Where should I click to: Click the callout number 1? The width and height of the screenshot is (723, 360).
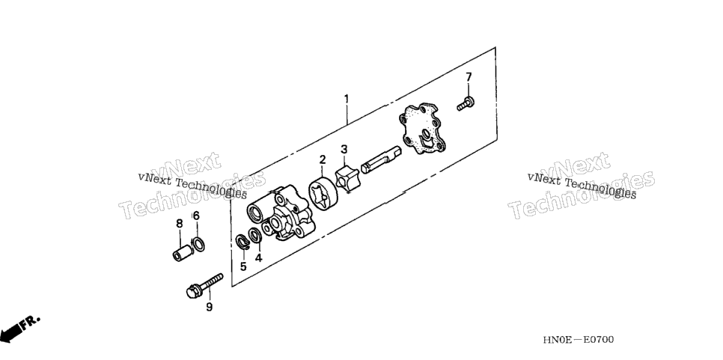point(346,99)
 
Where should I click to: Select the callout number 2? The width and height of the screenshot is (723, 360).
point(323,159)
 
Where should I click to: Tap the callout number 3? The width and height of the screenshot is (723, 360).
point(344,150)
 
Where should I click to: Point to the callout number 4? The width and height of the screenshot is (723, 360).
point(259,257)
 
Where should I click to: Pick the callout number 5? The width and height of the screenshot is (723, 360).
point(243,266)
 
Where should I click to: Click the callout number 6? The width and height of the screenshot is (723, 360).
point(196,216)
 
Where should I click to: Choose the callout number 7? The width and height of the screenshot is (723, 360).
point(469,76)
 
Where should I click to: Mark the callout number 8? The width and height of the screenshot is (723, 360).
point(180,224)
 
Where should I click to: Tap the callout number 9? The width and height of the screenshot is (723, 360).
point(209,307)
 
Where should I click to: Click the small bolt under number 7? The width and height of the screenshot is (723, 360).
point(466,104)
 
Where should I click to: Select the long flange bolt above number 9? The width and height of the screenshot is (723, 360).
point(204,285)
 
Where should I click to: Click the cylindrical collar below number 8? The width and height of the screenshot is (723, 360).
point(182,253)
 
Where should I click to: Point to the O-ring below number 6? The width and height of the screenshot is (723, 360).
point(198,244)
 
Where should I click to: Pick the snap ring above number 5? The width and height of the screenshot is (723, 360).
point(242,242)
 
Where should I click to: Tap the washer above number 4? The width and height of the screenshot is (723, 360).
point(255,235)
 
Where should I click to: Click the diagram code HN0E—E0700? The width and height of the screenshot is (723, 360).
point(579,340)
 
